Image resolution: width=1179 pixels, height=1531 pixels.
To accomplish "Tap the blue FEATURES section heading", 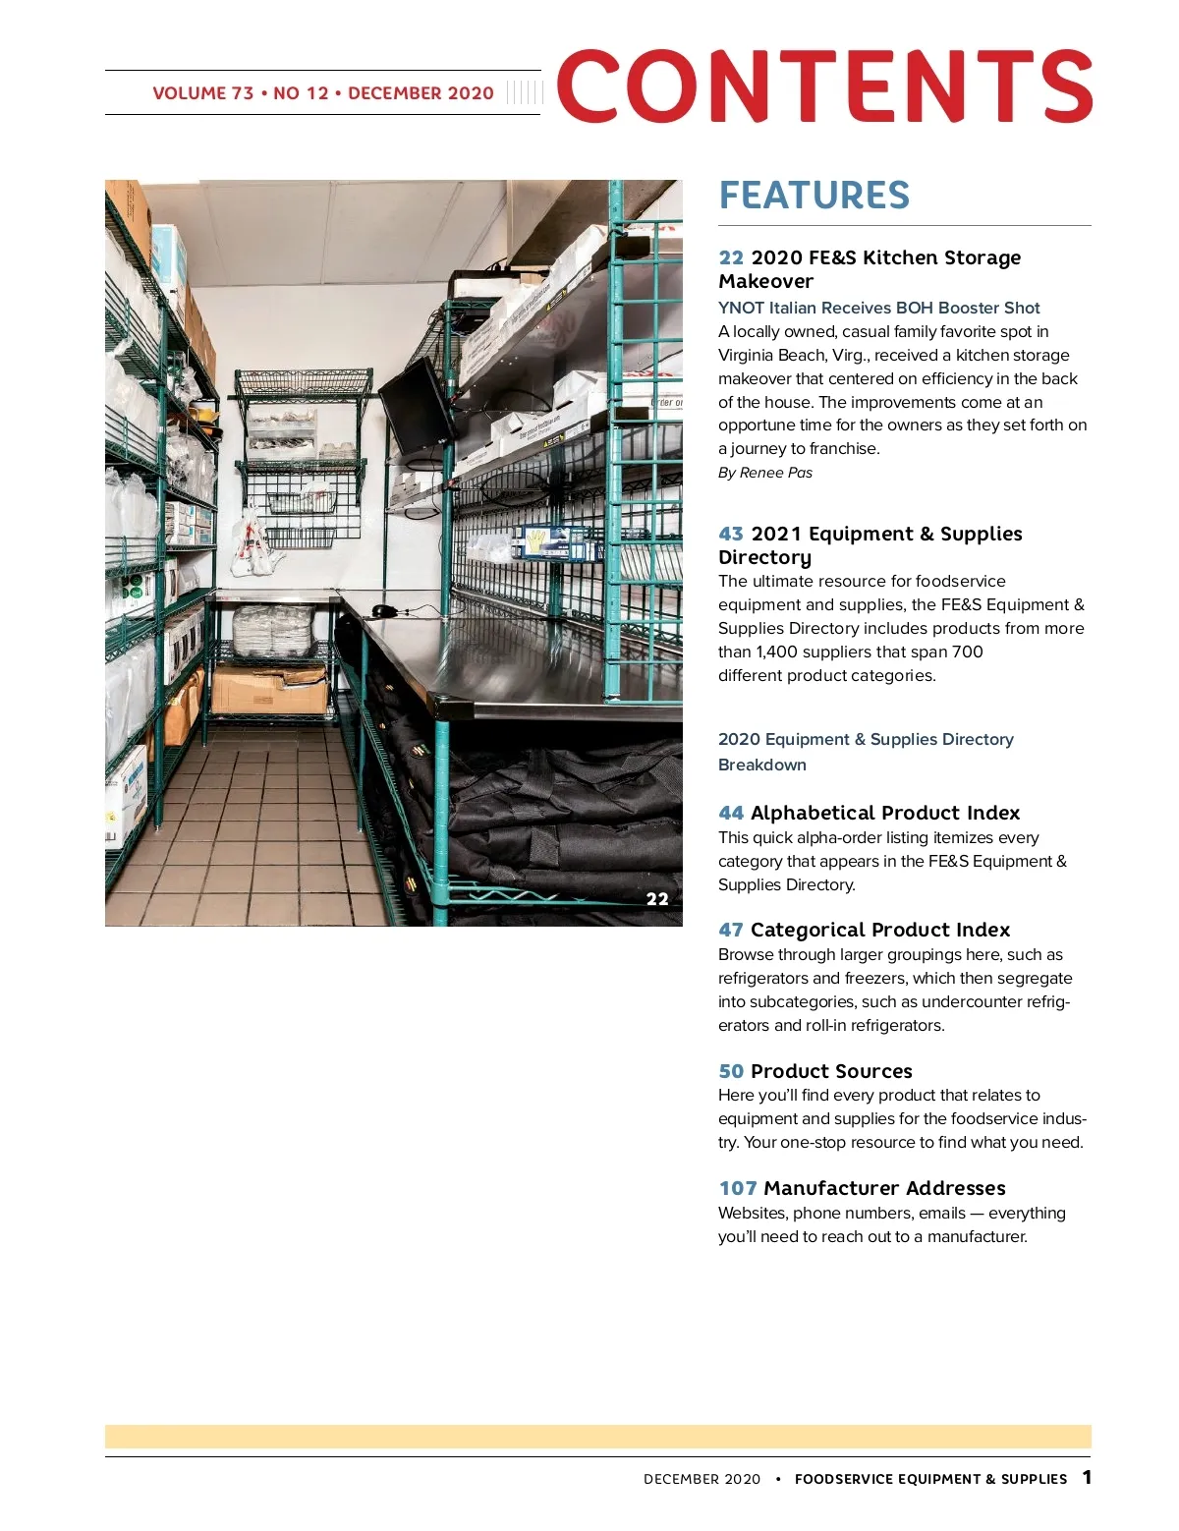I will click(x=814, y=196).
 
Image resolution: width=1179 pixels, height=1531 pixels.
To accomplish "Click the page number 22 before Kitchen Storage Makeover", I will click(x=731, y=257).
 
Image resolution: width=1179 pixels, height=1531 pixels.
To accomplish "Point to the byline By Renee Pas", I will click(x=765, y=473).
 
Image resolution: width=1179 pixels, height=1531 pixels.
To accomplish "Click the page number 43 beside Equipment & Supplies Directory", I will click(x=731, y=534).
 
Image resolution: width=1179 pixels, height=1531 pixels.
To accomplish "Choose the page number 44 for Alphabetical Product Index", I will click(x=731, y=813).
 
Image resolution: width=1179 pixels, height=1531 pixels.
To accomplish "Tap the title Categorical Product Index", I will click(x=879, y=930).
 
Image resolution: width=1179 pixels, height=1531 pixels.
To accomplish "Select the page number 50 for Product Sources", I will click(x=731, y=1071).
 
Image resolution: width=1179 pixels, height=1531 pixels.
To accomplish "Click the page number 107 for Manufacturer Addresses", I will click(x=737, y=1188).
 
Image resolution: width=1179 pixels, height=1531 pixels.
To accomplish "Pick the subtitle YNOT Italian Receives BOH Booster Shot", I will click(x=878, y=308).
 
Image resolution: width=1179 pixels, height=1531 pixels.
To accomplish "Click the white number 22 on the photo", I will click(x=657, y=898).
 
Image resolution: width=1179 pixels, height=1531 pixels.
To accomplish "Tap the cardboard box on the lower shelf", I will click(x=268, y=690).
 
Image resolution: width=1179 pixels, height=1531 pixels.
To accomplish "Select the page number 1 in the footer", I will click(x=1087, y=1477).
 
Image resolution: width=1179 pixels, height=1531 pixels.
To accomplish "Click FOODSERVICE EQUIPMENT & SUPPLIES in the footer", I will click(x=930, y=1479).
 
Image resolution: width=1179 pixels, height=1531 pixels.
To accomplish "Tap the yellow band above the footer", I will click(x=597, y=1437).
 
